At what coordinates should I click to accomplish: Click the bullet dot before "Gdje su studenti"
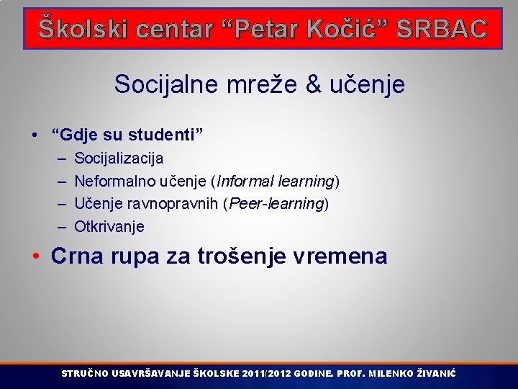click(x=35, y=135)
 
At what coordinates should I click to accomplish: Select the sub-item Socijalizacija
click(x=119, y=158)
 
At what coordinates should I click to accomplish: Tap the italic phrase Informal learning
click(x=276, y=181)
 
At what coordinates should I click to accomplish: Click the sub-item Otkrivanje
click(x=109, y=227)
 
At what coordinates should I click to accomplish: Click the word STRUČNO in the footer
click(x=85, y=374)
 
